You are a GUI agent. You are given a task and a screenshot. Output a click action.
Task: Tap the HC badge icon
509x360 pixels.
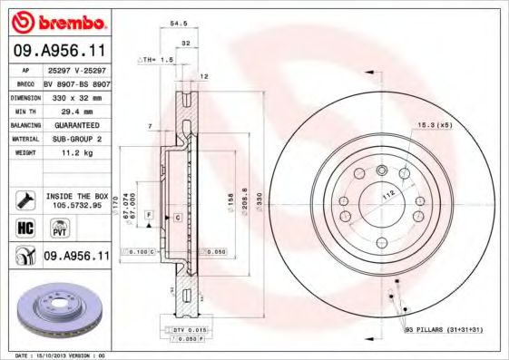[x=24, y=229]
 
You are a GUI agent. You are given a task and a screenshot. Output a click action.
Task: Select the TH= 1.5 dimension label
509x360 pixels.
[x=156, y=59]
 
